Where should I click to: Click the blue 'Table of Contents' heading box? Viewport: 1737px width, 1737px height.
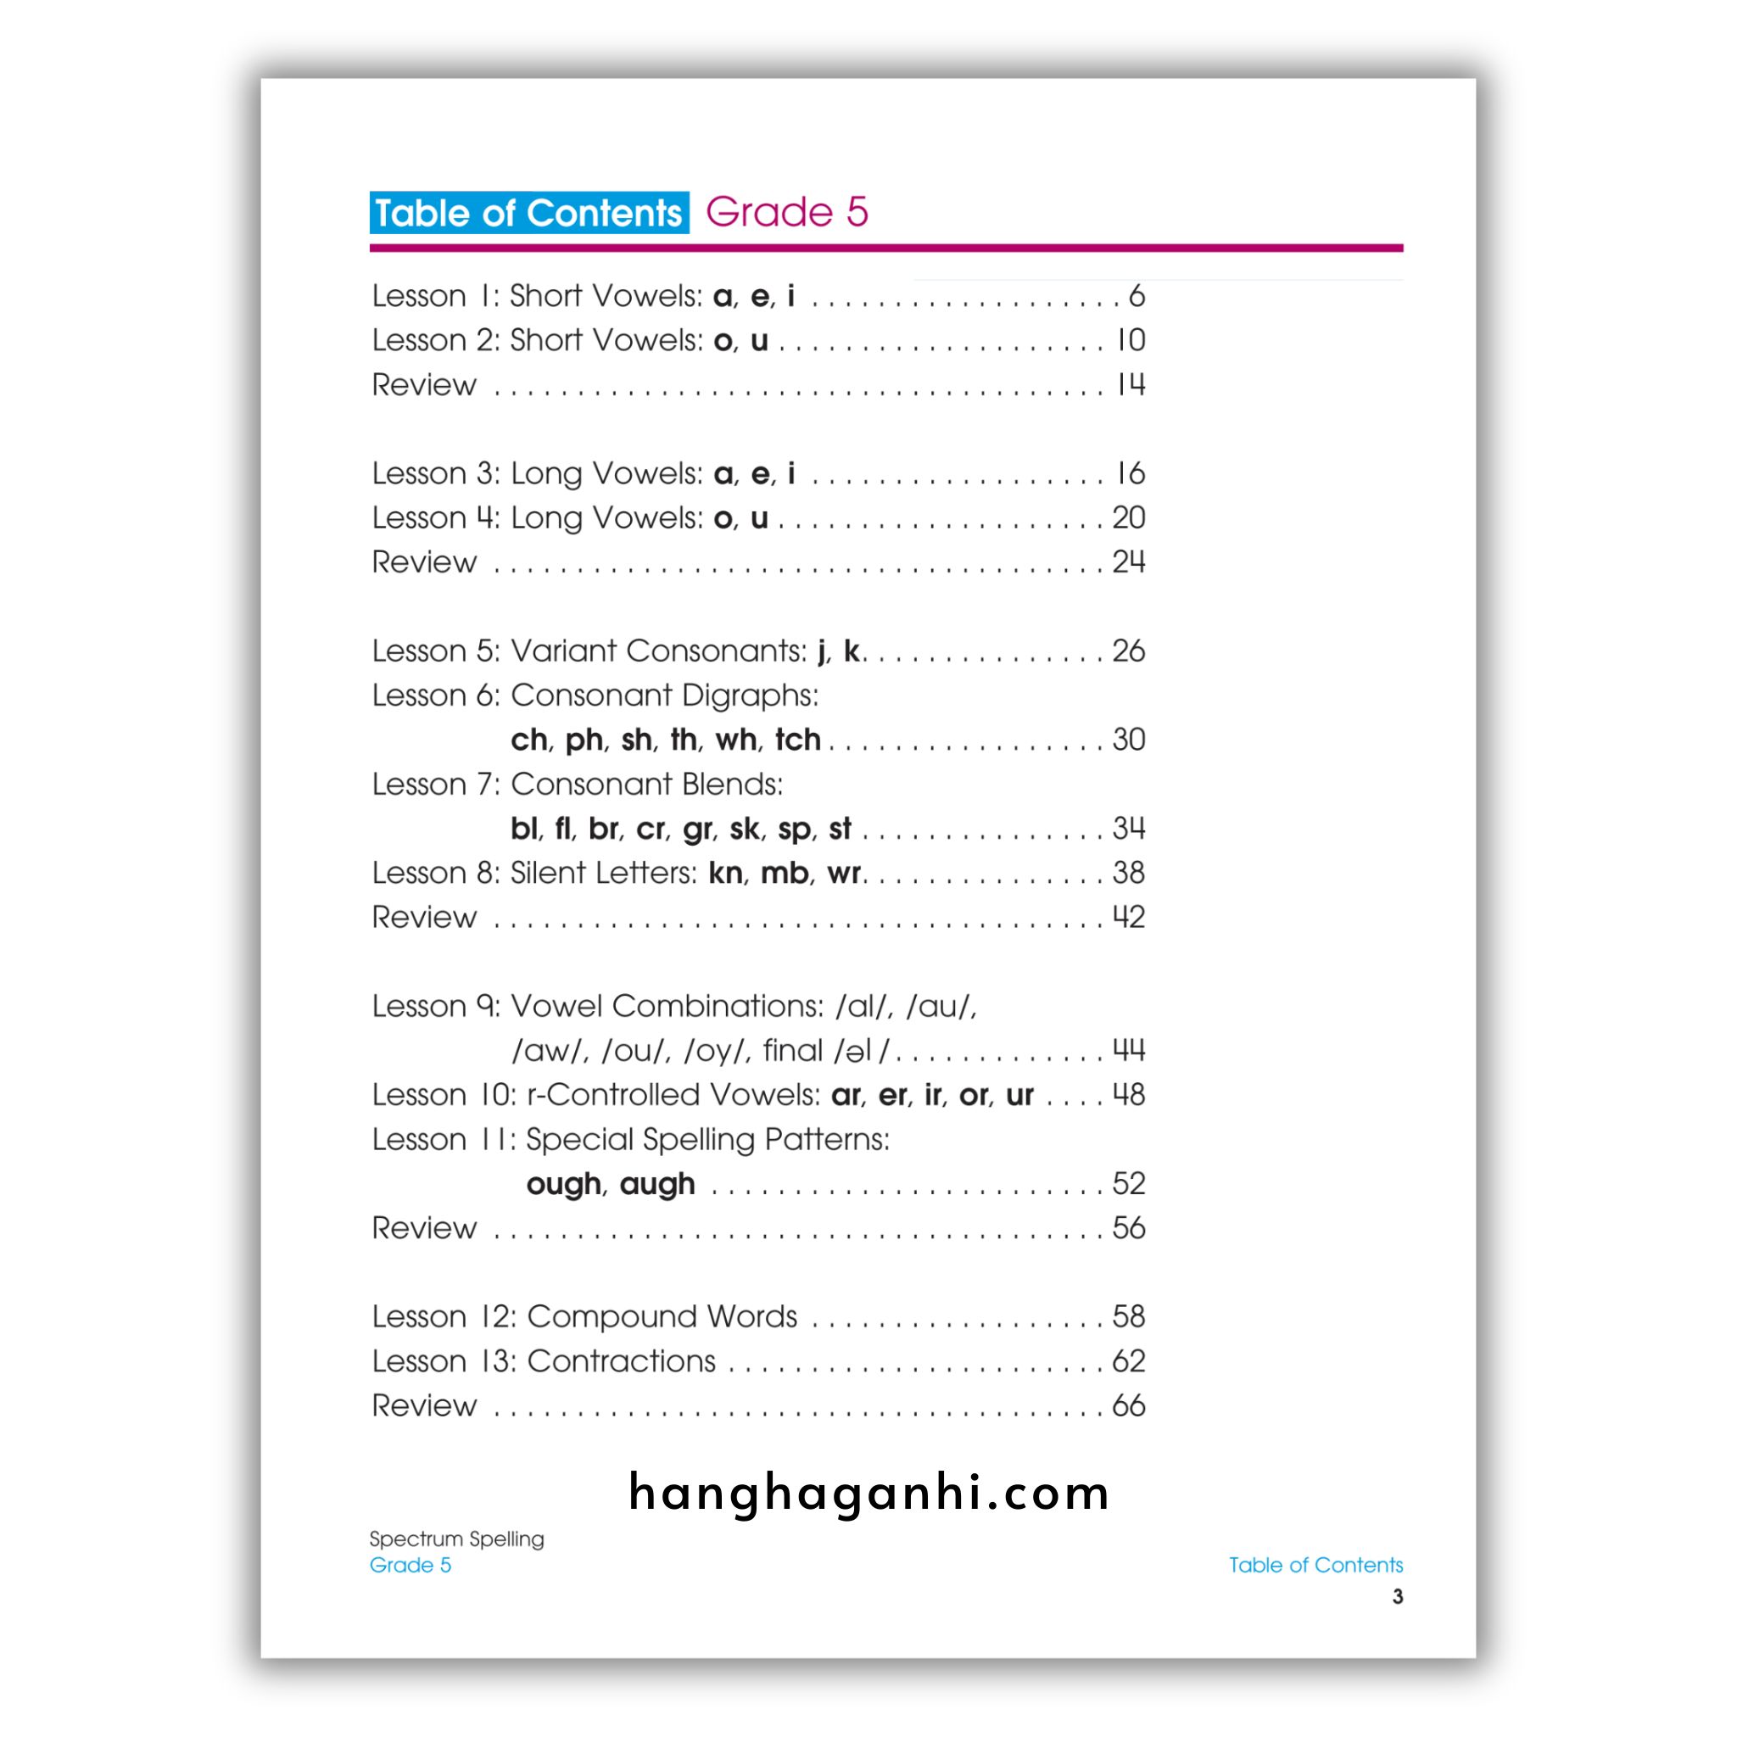click(x=528, y=213)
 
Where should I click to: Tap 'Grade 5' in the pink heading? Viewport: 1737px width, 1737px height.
click(x=787, y=212)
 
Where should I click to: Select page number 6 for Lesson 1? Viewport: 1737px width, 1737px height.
click(x=1137, y=296)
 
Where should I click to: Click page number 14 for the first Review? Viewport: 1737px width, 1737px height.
click(x=1130, y=385)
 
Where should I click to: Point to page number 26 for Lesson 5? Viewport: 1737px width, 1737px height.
click(x=1128, y=651)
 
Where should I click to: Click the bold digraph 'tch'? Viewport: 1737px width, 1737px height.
click(x=797, y=740)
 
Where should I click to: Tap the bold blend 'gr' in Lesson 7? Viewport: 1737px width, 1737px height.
click(x=698, y=829)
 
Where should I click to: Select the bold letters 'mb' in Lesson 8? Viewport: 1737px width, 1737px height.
click(x=785, y=873)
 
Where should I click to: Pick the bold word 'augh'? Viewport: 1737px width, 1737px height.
click(x=657, y=1184)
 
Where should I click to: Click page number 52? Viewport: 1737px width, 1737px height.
click(x=1128, y=1184)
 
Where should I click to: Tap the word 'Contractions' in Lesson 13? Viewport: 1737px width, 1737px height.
click(x=621, y=1361)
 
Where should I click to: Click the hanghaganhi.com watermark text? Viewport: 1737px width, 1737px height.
click(x=868, y=1494)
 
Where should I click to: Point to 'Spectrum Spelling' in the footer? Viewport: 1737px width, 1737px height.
click(x=457, y=1539)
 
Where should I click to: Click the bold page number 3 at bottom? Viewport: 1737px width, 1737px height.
click(x=1397, y=1597)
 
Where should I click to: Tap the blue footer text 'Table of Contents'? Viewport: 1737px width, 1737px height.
click(x=1315, y=1566)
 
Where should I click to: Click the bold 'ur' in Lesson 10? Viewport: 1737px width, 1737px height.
click(x=1019, y=1095)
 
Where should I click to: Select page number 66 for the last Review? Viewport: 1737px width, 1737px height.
click(x=1128, y=1406)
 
